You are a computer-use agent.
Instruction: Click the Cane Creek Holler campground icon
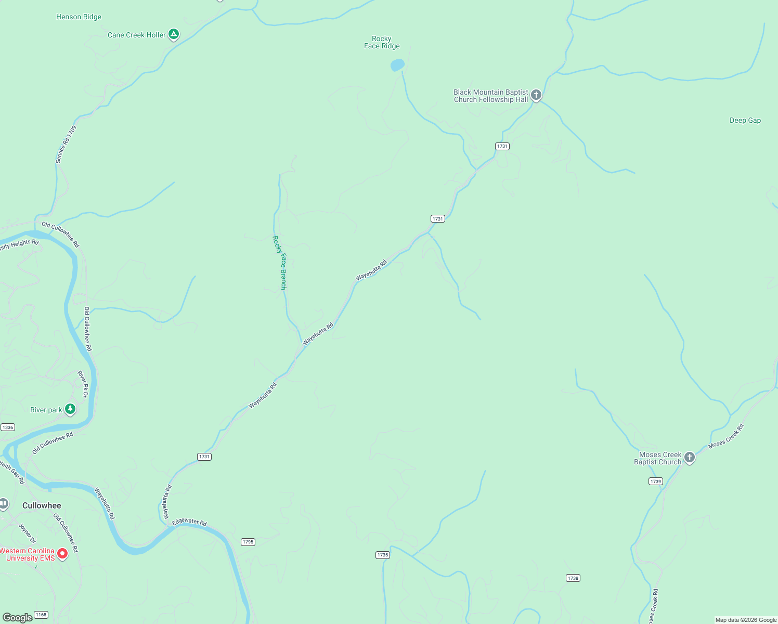click(174, 35)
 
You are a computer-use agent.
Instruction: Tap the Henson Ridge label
click(79, 17)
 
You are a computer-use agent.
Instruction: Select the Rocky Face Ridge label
click(382, 42)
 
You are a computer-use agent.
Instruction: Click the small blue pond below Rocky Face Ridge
click(397, 65)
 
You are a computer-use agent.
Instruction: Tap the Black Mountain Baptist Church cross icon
click(536, 95)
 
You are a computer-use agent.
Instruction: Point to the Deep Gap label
click(745, 120)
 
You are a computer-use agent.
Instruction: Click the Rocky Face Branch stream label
click(280, 263)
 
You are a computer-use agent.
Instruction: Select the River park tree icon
click(70, 409)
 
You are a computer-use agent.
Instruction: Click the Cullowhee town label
click(42, 505)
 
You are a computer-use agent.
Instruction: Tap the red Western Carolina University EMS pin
click(62, 553)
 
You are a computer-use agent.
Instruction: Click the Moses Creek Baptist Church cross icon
click(690, 458)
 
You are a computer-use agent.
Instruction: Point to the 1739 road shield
click(656, 482)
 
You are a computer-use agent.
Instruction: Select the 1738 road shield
click(573, 578)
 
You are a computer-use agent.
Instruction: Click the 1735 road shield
click(383, 555)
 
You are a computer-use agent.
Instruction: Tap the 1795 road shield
click(248, 542)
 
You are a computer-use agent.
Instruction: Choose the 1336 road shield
click(7, 427)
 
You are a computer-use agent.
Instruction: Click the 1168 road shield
click(41, 615)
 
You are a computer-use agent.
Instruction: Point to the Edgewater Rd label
click(189, 522)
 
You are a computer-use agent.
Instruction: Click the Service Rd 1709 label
click(66, 145)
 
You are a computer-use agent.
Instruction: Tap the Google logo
click(17, 617)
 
